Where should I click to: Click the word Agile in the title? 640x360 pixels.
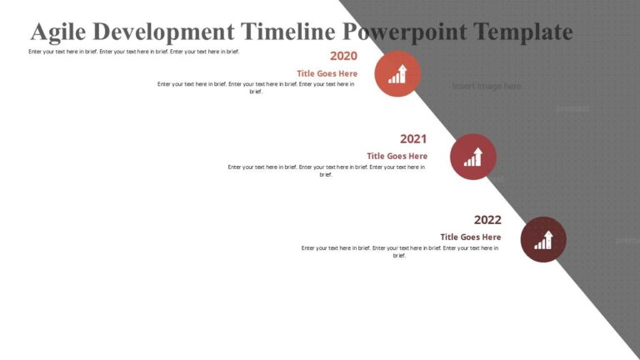click(58, 32)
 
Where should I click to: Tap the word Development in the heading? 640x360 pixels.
click(164, 32)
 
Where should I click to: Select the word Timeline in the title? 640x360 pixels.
click(289, 32)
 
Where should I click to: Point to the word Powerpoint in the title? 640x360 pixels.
click(405, 32)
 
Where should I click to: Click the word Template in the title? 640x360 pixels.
click(522, 32)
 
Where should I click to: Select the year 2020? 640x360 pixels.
click(343, 56)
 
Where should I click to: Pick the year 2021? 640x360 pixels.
click(413, 139)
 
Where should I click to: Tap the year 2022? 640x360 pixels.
click(487, 220)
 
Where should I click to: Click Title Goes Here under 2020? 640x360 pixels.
click(327, 73)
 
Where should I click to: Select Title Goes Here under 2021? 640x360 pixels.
click(397, 156)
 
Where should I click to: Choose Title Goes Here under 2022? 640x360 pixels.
click(471, 237)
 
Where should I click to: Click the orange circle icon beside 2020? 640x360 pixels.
click(397, 73)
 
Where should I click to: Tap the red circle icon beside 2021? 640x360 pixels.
click(472, 157)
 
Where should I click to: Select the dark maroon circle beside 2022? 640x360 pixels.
click(543, 239)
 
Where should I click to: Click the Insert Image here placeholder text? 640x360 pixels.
click(487, 86)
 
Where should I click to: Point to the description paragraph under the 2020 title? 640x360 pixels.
click(256, 87)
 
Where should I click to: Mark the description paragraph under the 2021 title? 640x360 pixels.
click(327, 170)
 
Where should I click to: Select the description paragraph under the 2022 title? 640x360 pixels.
click(400, 251)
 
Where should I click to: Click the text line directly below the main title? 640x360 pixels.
click(133, 52)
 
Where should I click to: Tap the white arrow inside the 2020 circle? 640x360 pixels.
click(402, 71)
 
